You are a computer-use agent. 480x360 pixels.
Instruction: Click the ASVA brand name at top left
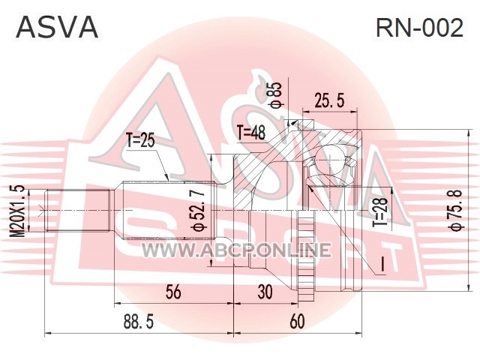tap(57, 28)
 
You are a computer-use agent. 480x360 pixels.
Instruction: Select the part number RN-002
tap(419, 28)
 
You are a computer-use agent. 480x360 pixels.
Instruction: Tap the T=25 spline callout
tap(141, 141)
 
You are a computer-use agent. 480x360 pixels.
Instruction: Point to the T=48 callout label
tap(251, 133)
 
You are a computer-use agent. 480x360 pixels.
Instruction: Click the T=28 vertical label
tap(380, 211)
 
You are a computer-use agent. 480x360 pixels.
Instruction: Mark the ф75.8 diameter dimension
tap(455, 210)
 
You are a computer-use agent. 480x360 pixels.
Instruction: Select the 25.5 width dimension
tap(329, 100)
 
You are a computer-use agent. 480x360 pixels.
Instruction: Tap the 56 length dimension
tap(173, 292)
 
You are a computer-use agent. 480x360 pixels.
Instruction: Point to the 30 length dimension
tap(265, 292)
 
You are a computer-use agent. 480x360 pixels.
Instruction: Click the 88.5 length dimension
tap(139, 322)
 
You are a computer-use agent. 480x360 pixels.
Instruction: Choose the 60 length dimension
tap(297, 322)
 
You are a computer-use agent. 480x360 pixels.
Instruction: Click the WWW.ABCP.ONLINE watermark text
tap(236, 249)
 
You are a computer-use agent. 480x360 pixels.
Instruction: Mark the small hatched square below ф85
tap(306, 125)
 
